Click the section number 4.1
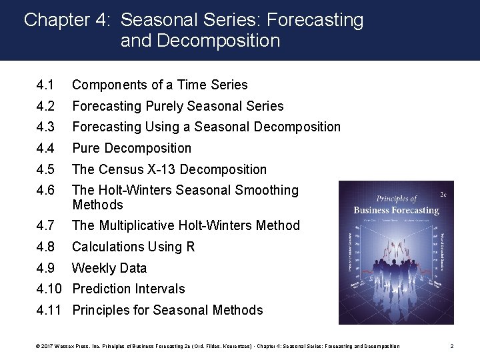click(x=45, y=85)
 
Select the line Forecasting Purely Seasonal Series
click(x=177, y=106)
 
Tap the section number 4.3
click(x=45, y=127)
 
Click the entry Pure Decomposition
click(x=131, y=148)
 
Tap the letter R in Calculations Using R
click(x=190, y=247)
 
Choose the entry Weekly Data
click(x=109, y=268)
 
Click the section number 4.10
click(x=51, y=289)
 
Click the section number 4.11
click(x=51, y=310)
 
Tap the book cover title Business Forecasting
click(x=396, y=211)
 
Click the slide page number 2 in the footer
click(x=451, y=346)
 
